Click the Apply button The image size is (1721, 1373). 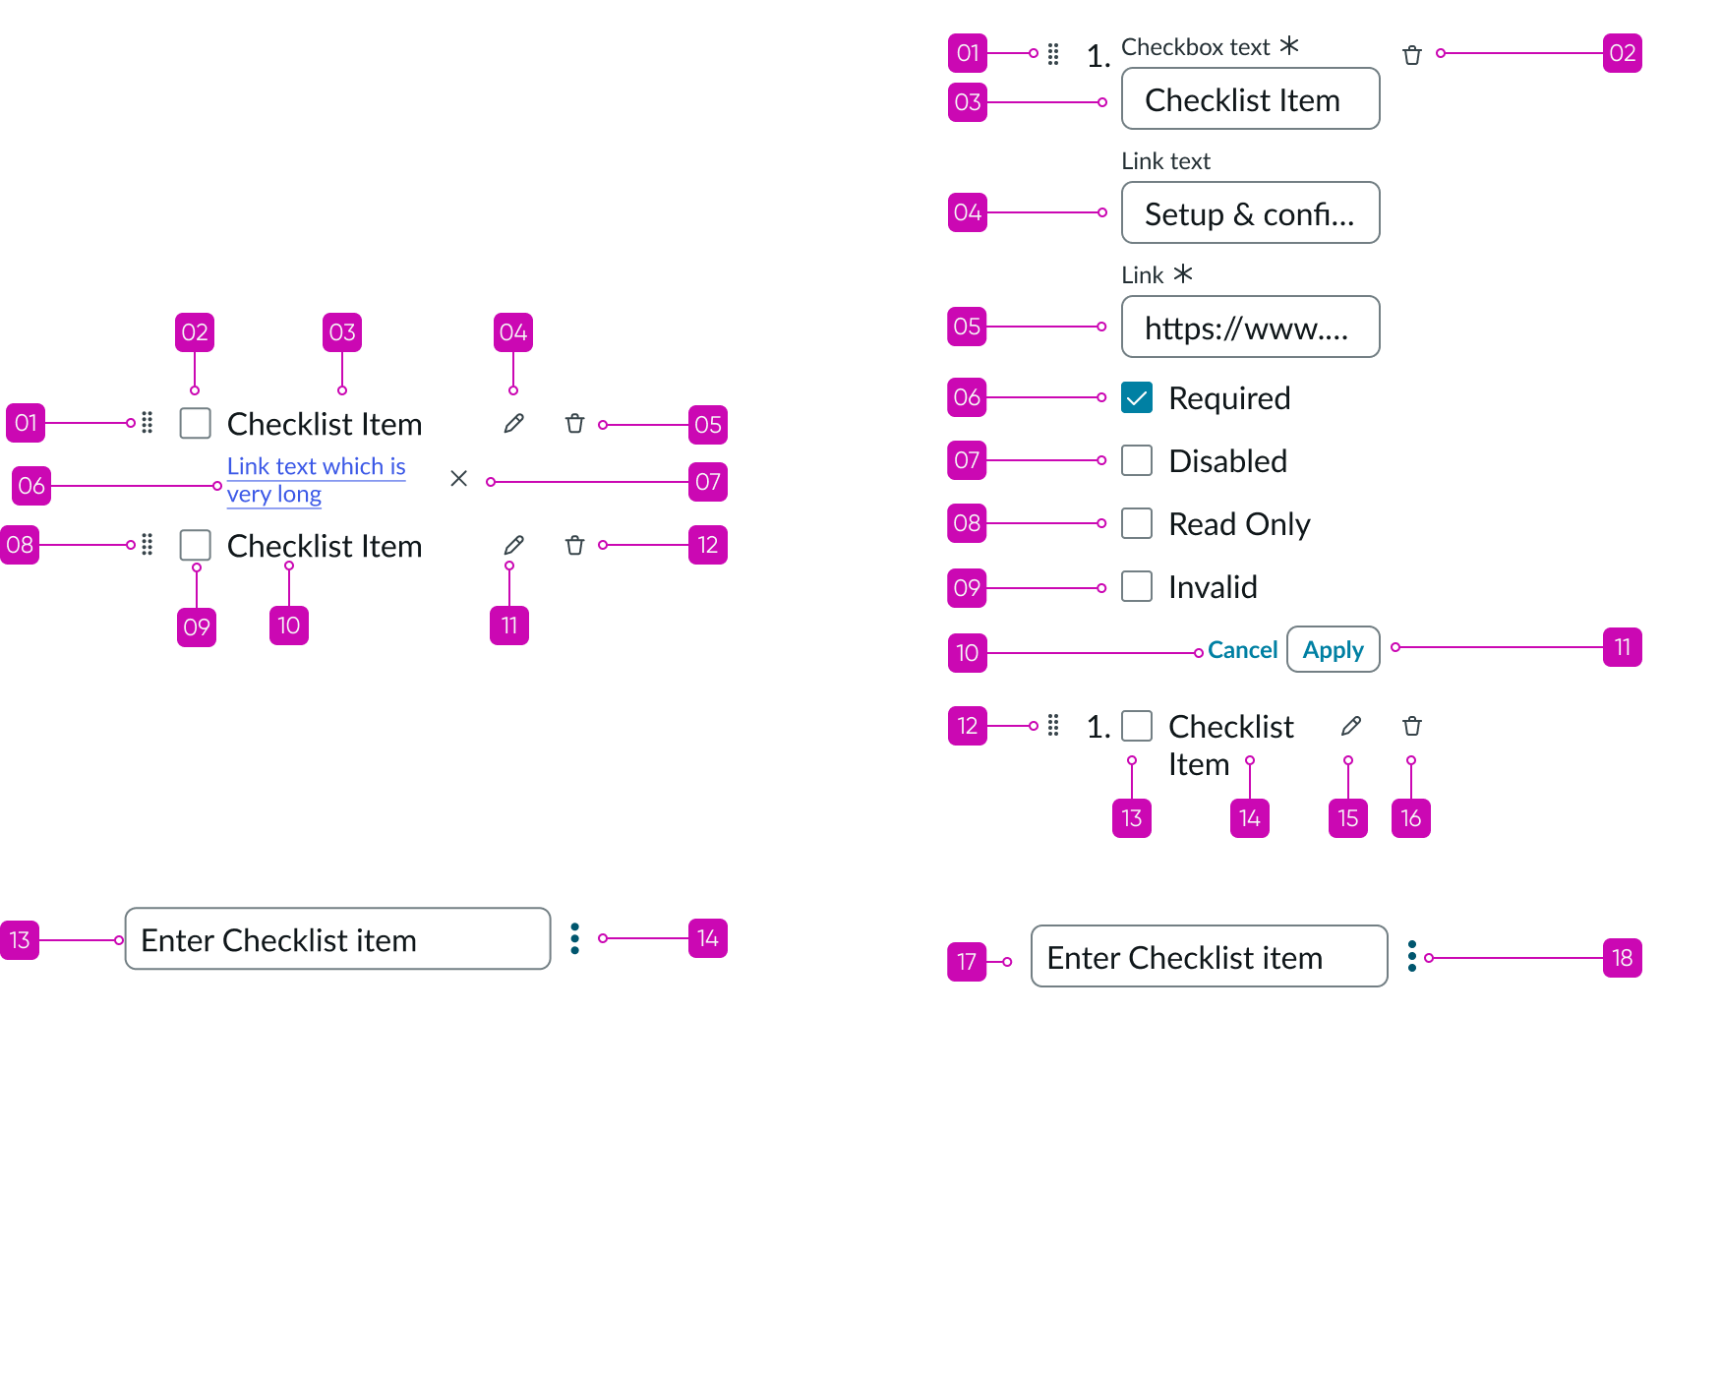click(1333, 649)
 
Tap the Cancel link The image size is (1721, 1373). click(1242, 650)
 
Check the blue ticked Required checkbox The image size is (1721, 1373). click(1137, 397)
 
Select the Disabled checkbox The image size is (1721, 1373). click(1137, 460)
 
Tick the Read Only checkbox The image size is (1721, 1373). click(1137, 523)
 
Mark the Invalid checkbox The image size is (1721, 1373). click(1137, 586)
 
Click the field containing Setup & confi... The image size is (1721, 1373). click(1250, 212)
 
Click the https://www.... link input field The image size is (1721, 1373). click(1250, 327)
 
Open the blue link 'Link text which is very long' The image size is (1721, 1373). click(315, 468)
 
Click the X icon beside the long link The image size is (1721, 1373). click(458, 479)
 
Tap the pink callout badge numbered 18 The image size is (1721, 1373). click(1622, 958)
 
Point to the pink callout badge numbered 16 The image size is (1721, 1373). click(1410, 818)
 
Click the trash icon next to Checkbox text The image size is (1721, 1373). click(1412, 55)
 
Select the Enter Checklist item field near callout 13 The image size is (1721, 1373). click(337, 939)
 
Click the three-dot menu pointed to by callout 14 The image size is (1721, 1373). click(575, 938)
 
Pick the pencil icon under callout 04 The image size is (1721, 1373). click(513, 424)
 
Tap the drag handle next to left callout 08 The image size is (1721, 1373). click(147, 545)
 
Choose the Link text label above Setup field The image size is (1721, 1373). click(1165, 161)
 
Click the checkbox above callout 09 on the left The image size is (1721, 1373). click(196, 545)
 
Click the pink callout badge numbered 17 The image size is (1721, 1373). click(967, 961)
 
